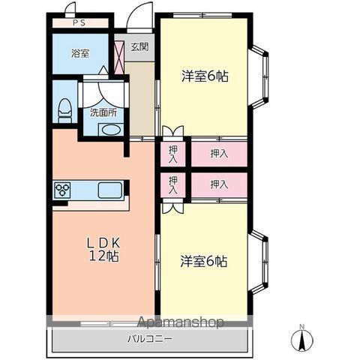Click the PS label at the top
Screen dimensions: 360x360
coord(79,22)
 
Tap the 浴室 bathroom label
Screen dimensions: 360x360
coord(80,53)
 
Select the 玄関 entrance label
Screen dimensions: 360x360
coord(140,46)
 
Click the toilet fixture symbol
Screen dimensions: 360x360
coord(65,110)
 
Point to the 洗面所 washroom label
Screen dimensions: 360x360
coord(103,113)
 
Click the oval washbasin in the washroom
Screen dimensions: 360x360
coord(111,130)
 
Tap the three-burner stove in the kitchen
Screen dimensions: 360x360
coord(62,190)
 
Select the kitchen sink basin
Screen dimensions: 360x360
coord(110,190)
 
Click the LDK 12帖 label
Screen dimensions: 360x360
coord(103,249)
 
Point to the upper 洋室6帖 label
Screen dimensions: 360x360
coord(205,76)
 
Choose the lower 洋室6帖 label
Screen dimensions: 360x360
coord(204,262)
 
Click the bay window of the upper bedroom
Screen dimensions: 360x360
coord(260,77)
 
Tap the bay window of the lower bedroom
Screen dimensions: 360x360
coord(260,262)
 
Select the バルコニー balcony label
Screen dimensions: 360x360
coord(150,339)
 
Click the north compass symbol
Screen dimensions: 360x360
coord(302,340)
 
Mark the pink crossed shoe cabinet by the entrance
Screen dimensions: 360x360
coord(119,57)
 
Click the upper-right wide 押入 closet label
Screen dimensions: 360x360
coord(219,154)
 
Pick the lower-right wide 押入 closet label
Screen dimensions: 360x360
coord(219,184)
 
